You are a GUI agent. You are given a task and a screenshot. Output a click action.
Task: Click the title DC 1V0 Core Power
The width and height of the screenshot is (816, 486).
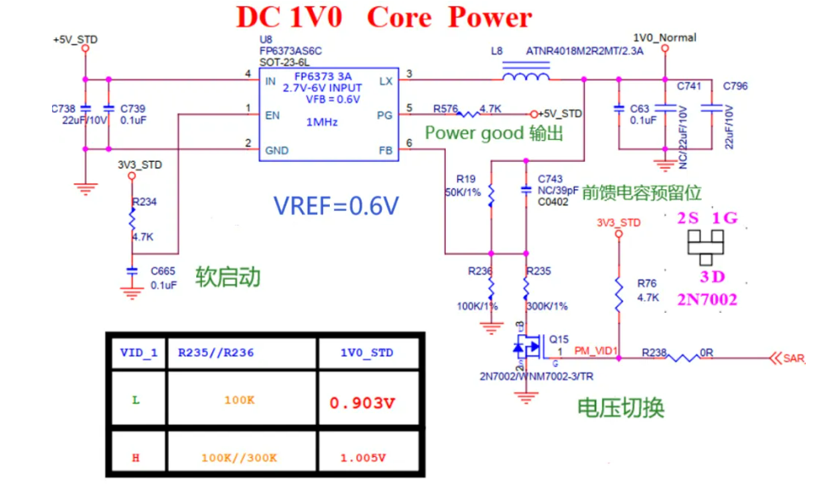(x=384, y=17)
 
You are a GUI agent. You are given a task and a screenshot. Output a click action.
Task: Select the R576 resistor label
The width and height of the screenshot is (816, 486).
(x=445, y=108)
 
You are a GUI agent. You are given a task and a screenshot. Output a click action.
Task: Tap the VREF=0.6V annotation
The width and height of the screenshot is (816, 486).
(x=336, y=205)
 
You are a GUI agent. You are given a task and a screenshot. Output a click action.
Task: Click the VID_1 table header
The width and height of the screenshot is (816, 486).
(x=137, y=351)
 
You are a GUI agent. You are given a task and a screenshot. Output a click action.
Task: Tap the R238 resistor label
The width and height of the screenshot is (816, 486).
(x=654, y=351)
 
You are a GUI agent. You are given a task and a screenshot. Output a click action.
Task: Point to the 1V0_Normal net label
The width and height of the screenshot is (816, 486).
(x=665, y=38)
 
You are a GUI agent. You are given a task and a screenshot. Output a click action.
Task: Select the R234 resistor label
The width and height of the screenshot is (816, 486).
(x=145, y=202)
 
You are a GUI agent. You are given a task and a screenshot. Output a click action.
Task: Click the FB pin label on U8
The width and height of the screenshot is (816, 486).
(x=385, y=150)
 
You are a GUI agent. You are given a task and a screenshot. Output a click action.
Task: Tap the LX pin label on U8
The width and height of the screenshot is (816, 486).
(x=385, y=81)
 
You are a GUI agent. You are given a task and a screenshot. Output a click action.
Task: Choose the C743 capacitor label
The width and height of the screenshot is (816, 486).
(x=551, y=179)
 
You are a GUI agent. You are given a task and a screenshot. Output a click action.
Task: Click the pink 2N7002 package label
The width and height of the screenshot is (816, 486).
(x=708, y=299)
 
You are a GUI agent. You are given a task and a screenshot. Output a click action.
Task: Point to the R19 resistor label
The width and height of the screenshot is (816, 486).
(x=466, y=179)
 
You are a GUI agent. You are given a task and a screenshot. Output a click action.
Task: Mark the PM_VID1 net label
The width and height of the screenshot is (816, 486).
(x=596, y=350)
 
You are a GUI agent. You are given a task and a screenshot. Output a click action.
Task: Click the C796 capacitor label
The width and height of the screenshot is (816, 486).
(x=735, y=86)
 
